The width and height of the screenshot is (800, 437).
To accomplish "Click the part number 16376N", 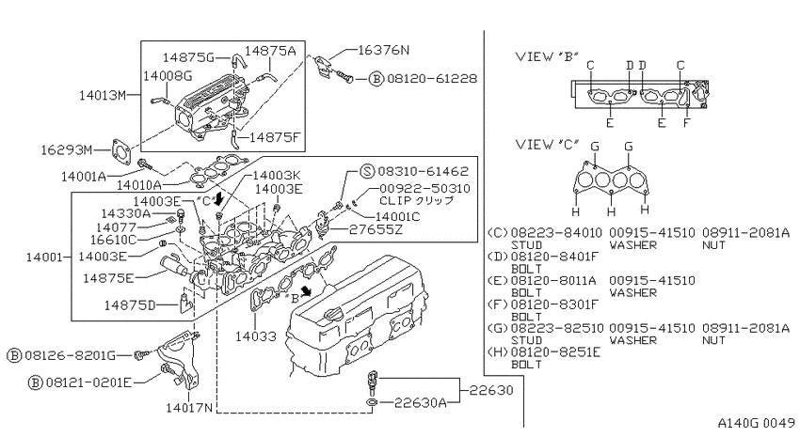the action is [x=383, y=50].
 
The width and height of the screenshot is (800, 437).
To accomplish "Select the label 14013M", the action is [x=102, y=95].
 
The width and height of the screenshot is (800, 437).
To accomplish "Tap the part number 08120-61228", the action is [x=432, y=78].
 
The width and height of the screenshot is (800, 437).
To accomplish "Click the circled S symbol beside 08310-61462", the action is [x=367, y=171].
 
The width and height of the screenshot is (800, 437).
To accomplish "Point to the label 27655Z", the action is [x=376, y=229].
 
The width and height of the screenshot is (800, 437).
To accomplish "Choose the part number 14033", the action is [x=256, y=336].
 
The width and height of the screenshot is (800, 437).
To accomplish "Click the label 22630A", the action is [x=421, y=403].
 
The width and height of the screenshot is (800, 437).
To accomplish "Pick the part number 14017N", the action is [x=189, y=407].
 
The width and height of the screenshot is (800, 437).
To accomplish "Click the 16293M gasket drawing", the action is [x=120, y=150].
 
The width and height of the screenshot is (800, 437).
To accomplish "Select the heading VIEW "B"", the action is [x=548, y=56].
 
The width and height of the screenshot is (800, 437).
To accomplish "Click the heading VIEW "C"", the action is [x=548, y=144].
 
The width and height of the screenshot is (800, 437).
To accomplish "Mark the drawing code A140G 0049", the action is [x=756, y=422].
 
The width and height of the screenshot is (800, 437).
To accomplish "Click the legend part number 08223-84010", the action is [x=556, y=233].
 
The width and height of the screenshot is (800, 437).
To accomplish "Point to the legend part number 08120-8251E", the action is [x=555, y=351].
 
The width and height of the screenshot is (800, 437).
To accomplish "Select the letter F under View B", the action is [x=687, y=123].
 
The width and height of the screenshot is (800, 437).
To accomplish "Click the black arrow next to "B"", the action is [x=307, y=290].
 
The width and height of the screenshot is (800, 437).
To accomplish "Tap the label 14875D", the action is [x=130, y=304].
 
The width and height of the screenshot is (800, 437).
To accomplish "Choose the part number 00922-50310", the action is [x=425, y=189].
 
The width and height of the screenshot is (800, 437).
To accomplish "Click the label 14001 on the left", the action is [x=44, y=257].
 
